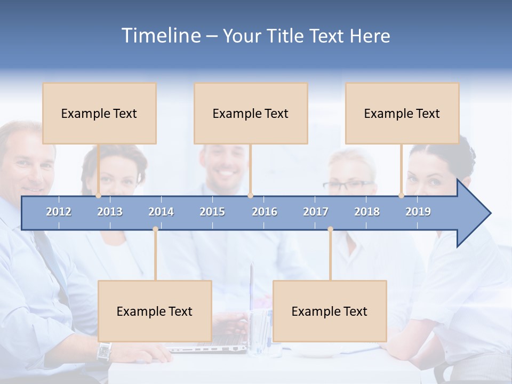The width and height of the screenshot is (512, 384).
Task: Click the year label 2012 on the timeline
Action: (59, 212)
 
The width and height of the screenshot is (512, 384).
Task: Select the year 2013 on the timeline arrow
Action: (110, 212)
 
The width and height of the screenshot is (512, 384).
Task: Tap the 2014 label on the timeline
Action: (161, 212)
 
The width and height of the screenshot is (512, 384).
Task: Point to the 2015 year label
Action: (212, 212)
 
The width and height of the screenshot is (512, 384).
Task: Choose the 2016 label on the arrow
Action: (265, 212)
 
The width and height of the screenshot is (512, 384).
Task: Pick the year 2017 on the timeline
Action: (316, 212)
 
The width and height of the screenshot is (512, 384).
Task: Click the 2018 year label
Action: (367, 212)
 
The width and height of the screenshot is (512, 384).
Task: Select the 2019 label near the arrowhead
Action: (418, 212)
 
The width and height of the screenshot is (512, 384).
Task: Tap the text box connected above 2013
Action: (99, 113)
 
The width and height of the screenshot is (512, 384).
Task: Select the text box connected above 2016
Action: (251, 113)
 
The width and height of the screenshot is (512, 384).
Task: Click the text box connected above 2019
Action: (402, 113)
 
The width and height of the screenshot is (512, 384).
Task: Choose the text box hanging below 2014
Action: (155, 311)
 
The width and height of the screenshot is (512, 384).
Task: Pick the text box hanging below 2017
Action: (330, 311)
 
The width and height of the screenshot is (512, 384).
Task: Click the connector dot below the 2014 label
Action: (155, 229)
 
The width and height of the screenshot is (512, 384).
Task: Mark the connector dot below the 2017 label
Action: (330, 229)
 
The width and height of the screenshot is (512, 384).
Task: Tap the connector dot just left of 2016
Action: (250, 196)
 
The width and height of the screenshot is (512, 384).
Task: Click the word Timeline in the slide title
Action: (161, 36)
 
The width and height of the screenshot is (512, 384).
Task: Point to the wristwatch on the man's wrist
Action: (105, 351)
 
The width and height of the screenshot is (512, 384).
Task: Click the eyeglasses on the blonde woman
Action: (348, 186)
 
